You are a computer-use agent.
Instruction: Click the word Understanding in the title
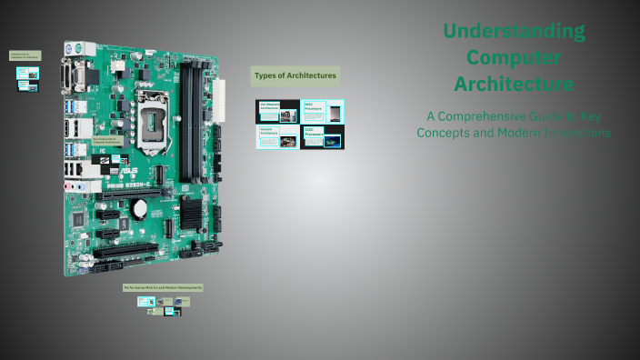coord(514,32)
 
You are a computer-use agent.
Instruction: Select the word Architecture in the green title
coord(514,85)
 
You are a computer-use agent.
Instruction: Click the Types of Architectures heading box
coord(295,75)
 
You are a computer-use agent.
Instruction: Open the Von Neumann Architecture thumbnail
coord(277,112)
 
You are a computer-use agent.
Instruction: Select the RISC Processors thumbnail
coord(323,112)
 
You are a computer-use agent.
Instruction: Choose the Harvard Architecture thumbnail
coord(277,137)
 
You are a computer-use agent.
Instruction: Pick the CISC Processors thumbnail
coord(323,137)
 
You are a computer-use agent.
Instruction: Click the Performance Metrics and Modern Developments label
coord(164,287)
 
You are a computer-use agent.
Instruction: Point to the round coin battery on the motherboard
coord(140,208)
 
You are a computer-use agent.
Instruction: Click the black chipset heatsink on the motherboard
coord(191,212)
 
